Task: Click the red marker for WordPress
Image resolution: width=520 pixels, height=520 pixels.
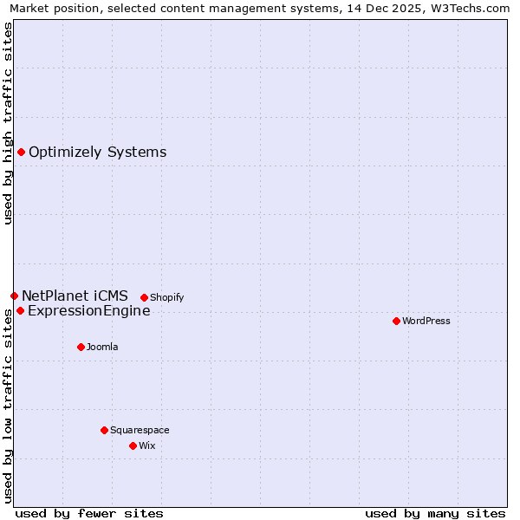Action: (396, 321)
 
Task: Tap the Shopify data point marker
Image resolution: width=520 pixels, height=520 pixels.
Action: (144, 297)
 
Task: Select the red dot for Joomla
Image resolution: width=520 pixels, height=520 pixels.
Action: (81, 347)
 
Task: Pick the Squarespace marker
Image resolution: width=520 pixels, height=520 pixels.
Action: (104, 430)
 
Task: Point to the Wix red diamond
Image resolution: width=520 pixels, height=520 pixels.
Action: (133, 445)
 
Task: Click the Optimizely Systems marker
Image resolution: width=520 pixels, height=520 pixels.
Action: (21, 153)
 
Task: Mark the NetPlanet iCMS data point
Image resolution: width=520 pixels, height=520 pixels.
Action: (14, 296)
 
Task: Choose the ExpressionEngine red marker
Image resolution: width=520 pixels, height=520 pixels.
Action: (20, 310)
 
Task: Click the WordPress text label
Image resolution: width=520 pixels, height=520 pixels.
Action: (426, 321)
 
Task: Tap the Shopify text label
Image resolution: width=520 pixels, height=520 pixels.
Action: (167, 297)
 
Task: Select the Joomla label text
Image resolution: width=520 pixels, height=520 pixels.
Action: (102, 347)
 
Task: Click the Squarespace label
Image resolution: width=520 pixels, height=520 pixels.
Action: (140, 430)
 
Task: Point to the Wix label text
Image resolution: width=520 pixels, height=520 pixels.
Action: (147, 445)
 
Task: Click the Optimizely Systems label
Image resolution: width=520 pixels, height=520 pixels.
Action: (97, 153)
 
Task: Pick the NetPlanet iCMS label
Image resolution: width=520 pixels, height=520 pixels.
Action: (75, 296)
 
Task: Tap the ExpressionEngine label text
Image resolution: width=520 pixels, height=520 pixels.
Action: (88, 311)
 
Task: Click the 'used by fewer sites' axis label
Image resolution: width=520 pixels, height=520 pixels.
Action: (89, 513)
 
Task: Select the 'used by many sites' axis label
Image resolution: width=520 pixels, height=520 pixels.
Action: (435, 513)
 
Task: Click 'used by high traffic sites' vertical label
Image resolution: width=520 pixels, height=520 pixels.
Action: (9, 123)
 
